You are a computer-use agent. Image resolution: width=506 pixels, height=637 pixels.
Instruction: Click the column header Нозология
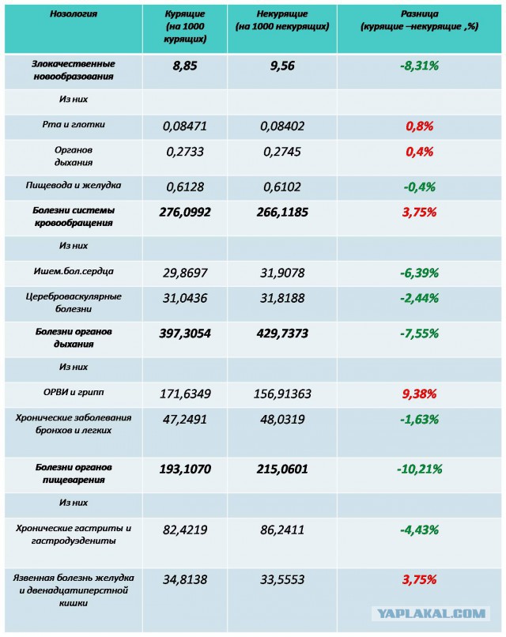pos(74,13)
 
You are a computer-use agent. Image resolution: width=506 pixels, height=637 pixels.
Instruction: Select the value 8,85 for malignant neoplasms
pos(185,66)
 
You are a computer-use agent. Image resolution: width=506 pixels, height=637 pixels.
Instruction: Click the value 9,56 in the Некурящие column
pos(282,66)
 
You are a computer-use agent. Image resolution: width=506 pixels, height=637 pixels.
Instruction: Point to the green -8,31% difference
pos(420,66)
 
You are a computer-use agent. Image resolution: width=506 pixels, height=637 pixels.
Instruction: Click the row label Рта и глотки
pos(74,124)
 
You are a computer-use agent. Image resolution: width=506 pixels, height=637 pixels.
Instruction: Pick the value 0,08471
pos(185,126)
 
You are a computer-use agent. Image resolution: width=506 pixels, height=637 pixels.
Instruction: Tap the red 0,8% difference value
pos(420,126)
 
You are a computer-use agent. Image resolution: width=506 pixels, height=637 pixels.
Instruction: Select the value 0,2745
pos(282,152)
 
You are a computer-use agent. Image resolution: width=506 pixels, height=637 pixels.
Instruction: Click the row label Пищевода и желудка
pos(74,185)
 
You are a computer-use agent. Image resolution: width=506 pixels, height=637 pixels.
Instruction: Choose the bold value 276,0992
pos(185,212)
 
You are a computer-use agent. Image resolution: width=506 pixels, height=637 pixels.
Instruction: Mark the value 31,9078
pos(282,273)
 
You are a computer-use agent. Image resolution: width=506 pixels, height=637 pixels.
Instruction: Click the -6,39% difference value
pos(420,273)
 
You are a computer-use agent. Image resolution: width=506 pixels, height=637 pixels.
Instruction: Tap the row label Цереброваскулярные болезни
pos(74,303)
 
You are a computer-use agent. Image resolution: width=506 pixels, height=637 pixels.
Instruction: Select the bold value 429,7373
pos(282,334)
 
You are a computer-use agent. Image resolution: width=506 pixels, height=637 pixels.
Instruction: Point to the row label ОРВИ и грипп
pos(74,393)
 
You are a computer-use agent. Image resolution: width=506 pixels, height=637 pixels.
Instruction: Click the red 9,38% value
pos(420,394)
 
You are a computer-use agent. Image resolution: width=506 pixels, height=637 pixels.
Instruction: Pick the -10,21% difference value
pos(420,469)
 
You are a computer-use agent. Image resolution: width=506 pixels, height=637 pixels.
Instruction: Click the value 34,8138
pos(185,579)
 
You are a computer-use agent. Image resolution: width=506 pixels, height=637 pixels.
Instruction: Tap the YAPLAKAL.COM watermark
pos(431,613)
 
